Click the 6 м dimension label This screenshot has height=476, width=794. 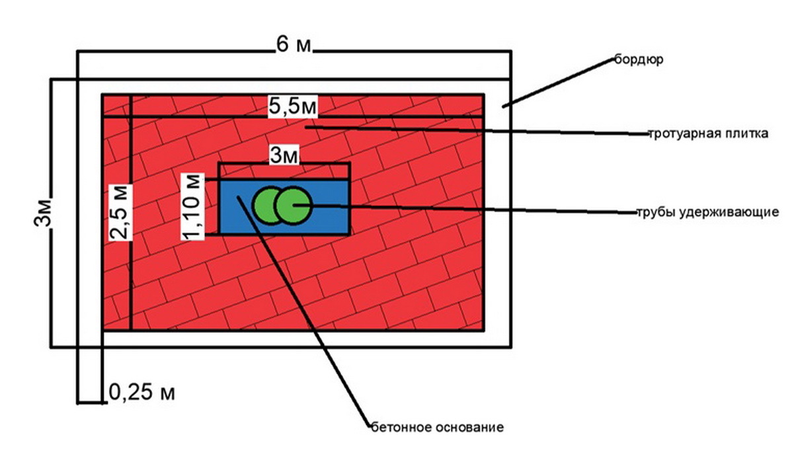click(x=294, y=45)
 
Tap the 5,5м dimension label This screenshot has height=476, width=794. click(x=292, y=106)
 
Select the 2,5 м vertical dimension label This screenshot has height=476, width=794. click(x=120, y=212)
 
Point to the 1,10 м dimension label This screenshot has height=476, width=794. click(x=192, y=207)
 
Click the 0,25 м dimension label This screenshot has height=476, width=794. click(x=141, y=392)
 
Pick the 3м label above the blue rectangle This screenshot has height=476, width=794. click(x=284, y=155)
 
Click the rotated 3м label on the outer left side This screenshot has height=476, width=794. click(x=43, y=213)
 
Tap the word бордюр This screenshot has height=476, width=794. click(x=639, y=59)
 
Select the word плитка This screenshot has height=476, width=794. click(x=748, y=134)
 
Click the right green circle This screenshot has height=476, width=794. click(x=293, y=206)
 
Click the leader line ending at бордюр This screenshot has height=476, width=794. click(x=558, y=82)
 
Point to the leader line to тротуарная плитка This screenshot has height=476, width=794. click(x=477, y=130)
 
